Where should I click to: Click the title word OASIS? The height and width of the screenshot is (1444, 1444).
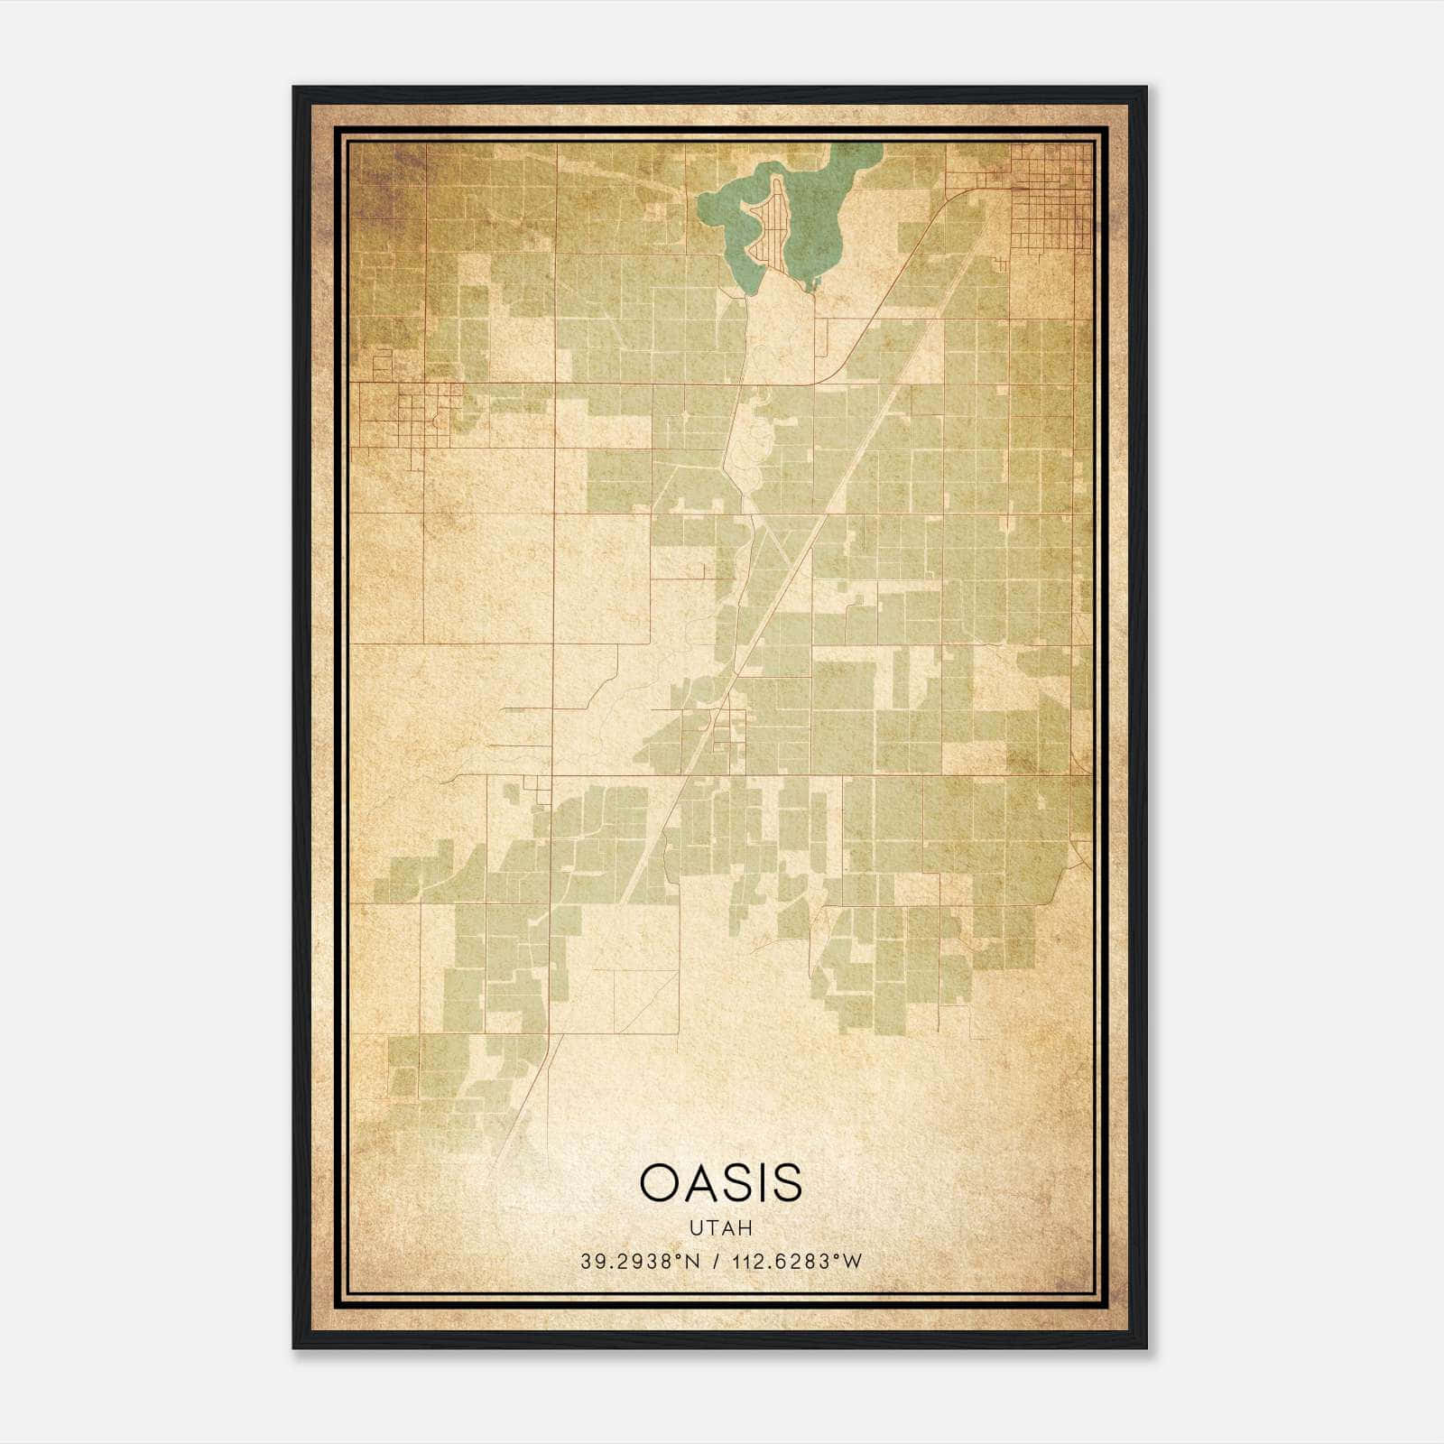(x=720, y=1182)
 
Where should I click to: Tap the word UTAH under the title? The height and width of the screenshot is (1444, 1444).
(x=720, y=1228)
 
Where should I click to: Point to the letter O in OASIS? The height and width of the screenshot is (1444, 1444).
(x=661, y=1182)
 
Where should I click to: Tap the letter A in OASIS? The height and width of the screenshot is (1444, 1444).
(x=705, y=1182)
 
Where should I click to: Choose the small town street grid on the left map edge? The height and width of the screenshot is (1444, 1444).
(x=402, y=415)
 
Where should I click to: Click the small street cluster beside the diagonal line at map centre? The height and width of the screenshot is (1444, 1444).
(x=727, y=731)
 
